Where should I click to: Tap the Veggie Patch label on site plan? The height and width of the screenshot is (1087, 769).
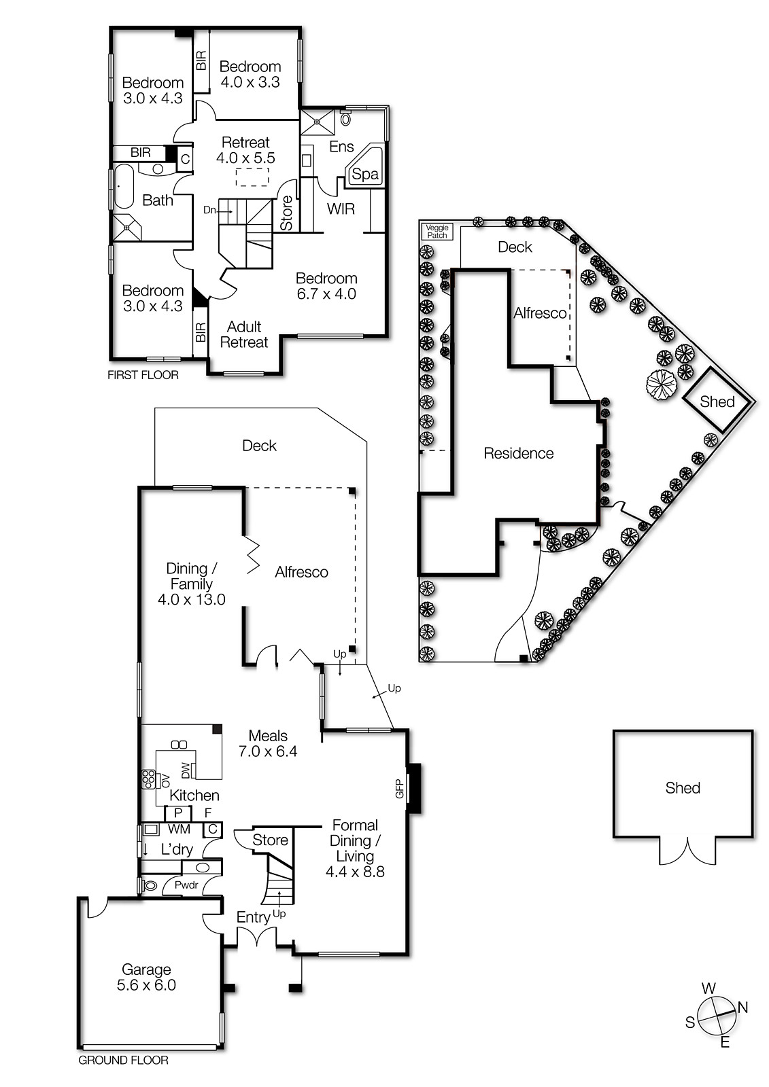(437, 232)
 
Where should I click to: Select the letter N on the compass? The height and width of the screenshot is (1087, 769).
(742, 1008)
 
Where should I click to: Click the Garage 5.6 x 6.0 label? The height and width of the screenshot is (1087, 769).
(146, 977)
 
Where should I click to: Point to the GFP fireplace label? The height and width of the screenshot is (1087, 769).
(400, 789)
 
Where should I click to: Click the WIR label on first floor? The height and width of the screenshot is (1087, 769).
(341, 209)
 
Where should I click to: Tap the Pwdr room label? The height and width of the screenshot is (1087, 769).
(186, 885)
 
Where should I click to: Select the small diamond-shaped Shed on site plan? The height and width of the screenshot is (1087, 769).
(717, 401)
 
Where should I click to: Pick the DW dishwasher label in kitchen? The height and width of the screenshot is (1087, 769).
(185, 770)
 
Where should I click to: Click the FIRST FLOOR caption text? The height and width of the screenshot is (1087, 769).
(143, 375)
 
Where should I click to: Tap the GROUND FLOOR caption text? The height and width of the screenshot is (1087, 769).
(123, 1060)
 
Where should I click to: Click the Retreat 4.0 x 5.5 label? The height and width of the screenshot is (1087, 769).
(245, 149)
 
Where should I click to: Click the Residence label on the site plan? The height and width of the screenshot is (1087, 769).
(518, 453)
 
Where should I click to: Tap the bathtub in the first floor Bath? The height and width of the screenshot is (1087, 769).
(124, 186)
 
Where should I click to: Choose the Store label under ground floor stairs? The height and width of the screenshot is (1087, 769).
(270, 840)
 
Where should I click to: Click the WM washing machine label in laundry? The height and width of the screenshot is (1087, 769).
(179, 829)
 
